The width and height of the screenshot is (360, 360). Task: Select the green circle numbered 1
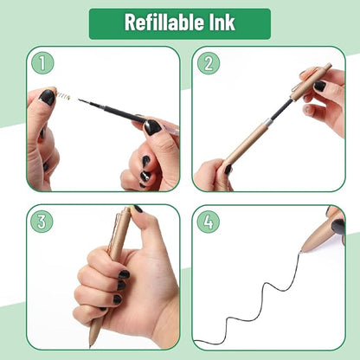pyautogui.click(x=41, y=63)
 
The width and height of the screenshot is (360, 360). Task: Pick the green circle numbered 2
pyautogui.click(x=208, y=63)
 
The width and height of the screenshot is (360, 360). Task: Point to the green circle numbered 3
pyautogui.click(x=41, y=221)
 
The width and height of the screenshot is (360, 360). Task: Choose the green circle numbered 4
pyautogui.click(x=208, y=221)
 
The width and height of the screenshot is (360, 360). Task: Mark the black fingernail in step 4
pyautogui.click(x=337, y=226)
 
